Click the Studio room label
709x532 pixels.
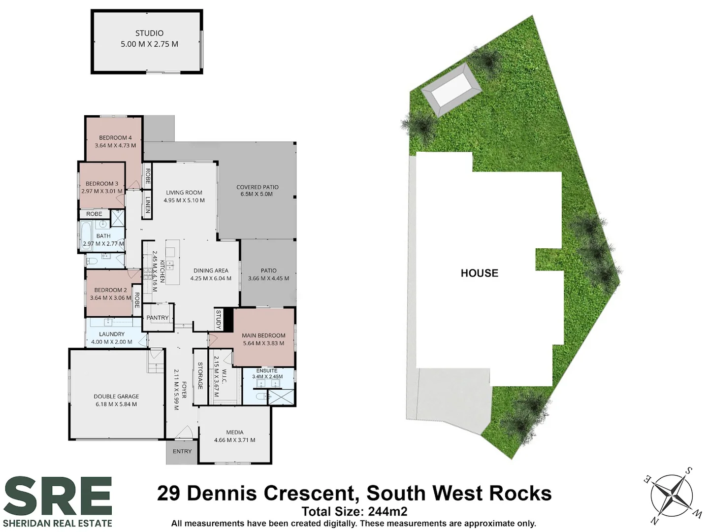pos(149,33)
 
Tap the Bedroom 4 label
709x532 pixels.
pos(115,138)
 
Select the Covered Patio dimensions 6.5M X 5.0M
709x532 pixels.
pos(257,194)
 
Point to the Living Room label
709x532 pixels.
pos(184,193)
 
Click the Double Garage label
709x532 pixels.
pos(116,397)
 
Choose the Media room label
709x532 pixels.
pos(235,432)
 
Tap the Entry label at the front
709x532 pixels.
pos(182,451)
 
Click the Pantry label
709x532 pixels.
pos(158,318)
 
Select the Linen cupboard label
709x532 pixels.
pos(148,204)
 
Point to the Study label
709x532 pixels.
pos(218,319)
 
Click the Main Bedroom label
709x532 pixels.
pos(263,335)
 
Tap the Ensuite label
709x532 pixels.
pos(267,370)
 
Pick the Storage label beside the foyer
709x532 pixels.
pos(200,376)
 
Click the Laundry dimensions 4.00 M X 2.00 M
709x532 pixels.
pos(112,342)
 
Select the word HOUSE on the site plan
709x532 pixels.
pos(479,273)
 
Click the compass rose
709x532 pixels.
pos(672,494)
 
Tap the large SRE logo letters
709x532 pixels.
pos(58,496)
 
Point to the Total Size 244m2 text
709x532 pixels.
pos(354,512)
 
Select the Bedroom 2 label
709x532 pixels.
pos(111,290)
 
